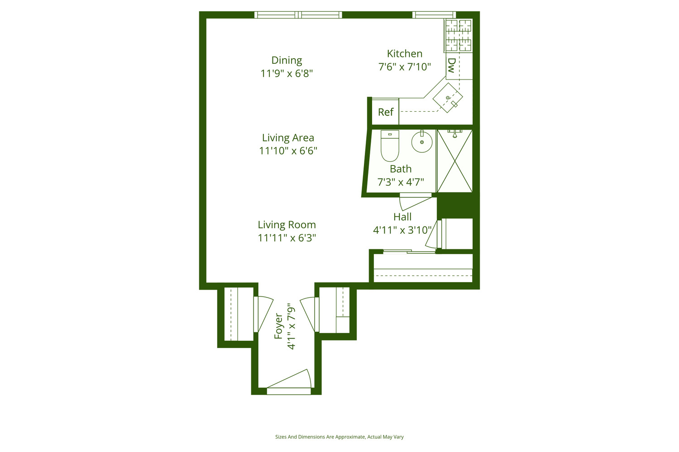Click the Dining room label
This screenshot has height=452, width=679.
(x=287, y=60)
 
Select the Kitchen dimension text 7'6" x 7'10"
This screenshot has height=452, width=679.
(x=404, y=67)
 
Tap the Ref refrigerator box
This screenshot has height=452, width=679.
(x=385, y=112)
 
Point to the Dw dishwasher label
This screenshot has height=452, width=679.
(x=451, y=66)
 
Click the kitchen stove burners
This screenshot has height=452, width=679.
(x=458, y=35)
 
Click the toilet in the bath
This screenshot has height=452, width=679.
(x=390, y=146)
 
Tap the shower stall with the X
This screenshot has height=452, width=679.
(x=454, y=161)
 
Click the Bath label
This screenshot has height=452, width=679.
(x=401, y=169)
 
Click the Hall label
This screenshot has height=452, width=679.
(x=402, y=217)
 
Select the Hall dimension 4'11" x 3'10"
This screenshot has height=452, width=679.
(x=402, y=230)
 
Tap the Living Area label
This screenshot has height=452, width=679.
(x=288, y=138)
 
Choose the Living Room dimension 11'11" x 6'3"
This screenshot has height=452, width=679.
(x=287, y=238)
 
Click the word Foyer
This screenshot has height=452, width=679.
(x=278, y=326)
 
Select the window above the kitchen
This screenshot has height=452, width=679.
(x=434, y=15)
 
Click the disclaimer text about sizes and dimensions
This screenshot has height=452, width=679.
(x=339, y=437)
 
